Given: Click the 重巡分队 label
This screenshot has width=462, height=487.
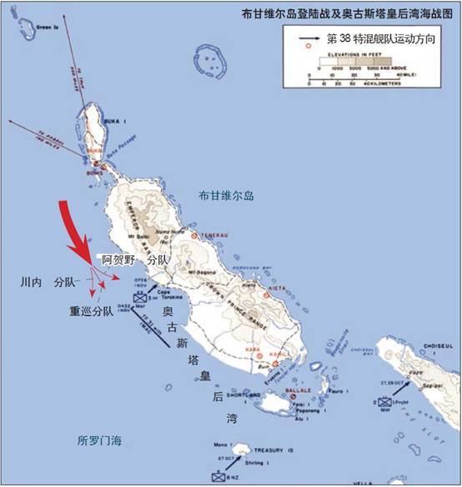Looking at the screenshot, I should click(92, 313).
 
